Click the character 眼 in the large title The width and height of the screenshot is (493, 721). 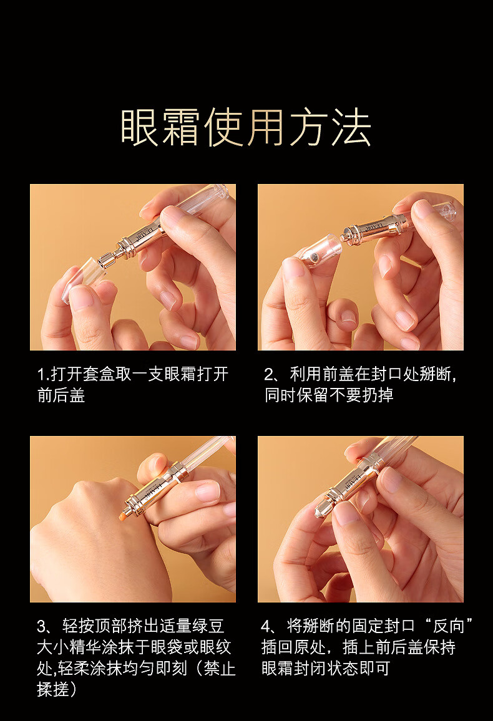pyautogui.click(x=141, y=127)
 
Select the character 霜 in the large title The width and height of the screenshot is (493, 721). pyautogui.click(x=183, y=127)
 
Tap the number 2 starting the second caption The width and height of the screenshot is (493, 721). pyautogui.click(x=270, y=375)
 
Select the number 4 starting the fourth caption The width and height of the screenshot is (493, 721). pyautogui.click(x=267, y=626)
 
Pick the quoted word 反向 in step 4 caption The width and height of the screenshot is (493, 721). pyautogui.click(x=449, y=626)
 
